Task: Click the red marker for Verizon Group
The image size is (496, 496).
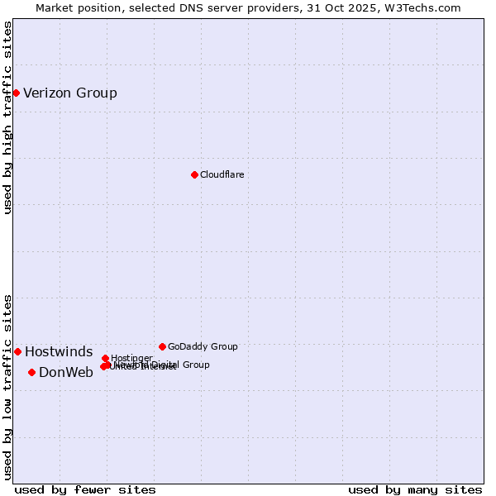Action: [x=16, y=93]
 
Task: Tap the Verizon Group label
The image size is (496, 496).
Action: [x=70, y=93]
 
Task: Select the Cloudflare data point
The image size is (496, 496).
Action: [x=194, y=174]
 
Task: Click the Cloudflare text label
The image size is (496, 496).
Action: [x=222, y=174]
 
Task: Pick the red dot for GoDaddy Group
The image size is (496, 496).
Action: [x=162, y=346]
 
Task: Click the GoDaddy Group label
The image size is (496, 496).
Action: [x=203, y=346]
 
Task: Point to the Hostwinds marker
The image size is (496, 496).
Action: [x=17, y=351]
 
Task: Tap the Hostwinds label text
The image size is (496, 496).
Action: [x=59, y=352]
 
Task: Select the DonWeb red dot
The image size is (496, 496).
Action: [x=31, y=372]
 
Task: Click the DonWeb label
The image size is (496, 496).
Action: [x=66, y=372]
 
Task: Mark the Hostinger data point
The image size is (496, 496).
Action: [x=105, y=358]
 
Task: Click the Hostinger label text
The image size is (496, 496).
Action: [x=131, y=358]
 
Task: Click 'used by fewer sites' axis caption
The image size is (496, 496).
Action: [x=85, y=489]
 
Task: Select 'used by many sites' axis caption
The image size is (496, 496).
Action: [x=415, y=489]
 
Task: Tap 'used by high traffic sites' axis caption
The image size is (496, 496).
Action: [x=7, y=118]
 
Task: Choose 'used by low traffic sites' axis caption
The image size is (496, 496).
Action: [x=7, y=387]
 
